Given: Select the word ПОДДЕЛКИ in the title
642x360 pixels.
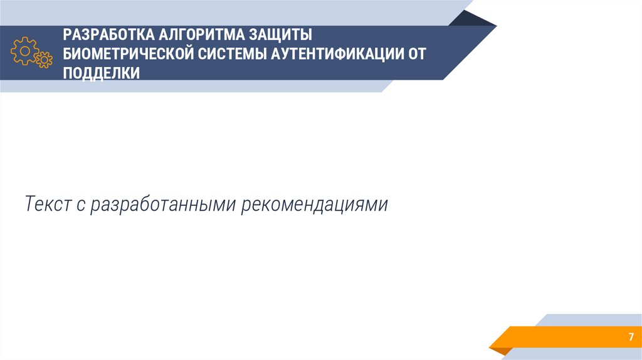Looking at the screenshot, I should coord(101,73).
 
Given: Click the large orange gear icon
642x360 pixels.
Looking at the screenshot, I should coord(24,50).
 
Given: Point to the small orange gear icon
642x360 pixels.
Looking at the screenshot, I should coord(43,60).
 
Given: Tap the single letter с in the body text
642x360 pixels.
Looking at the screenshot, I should coord(81,205).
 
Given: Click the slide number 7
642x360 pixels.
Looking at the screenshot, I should coord(631,337).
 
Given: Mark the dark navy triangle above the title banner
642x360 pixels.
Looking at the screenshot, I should coord(474,18).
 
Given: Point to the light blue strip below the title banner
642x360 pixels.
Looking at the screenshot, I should coord(188,87).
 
